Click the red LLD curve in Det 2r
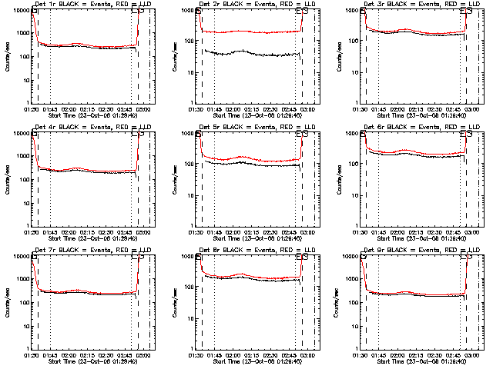click(x=246, y=32)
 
